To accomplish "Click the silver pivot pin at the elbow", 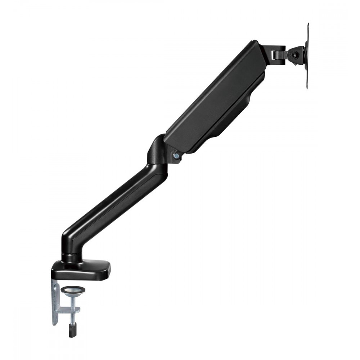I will [x=176, y=156].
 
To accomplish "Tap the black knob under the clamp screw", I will [x=71, y=330].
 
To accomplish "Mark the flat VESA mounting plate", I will [x=307, y=57].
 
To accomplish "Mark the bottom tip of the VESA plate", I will [x=308, y=87].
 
